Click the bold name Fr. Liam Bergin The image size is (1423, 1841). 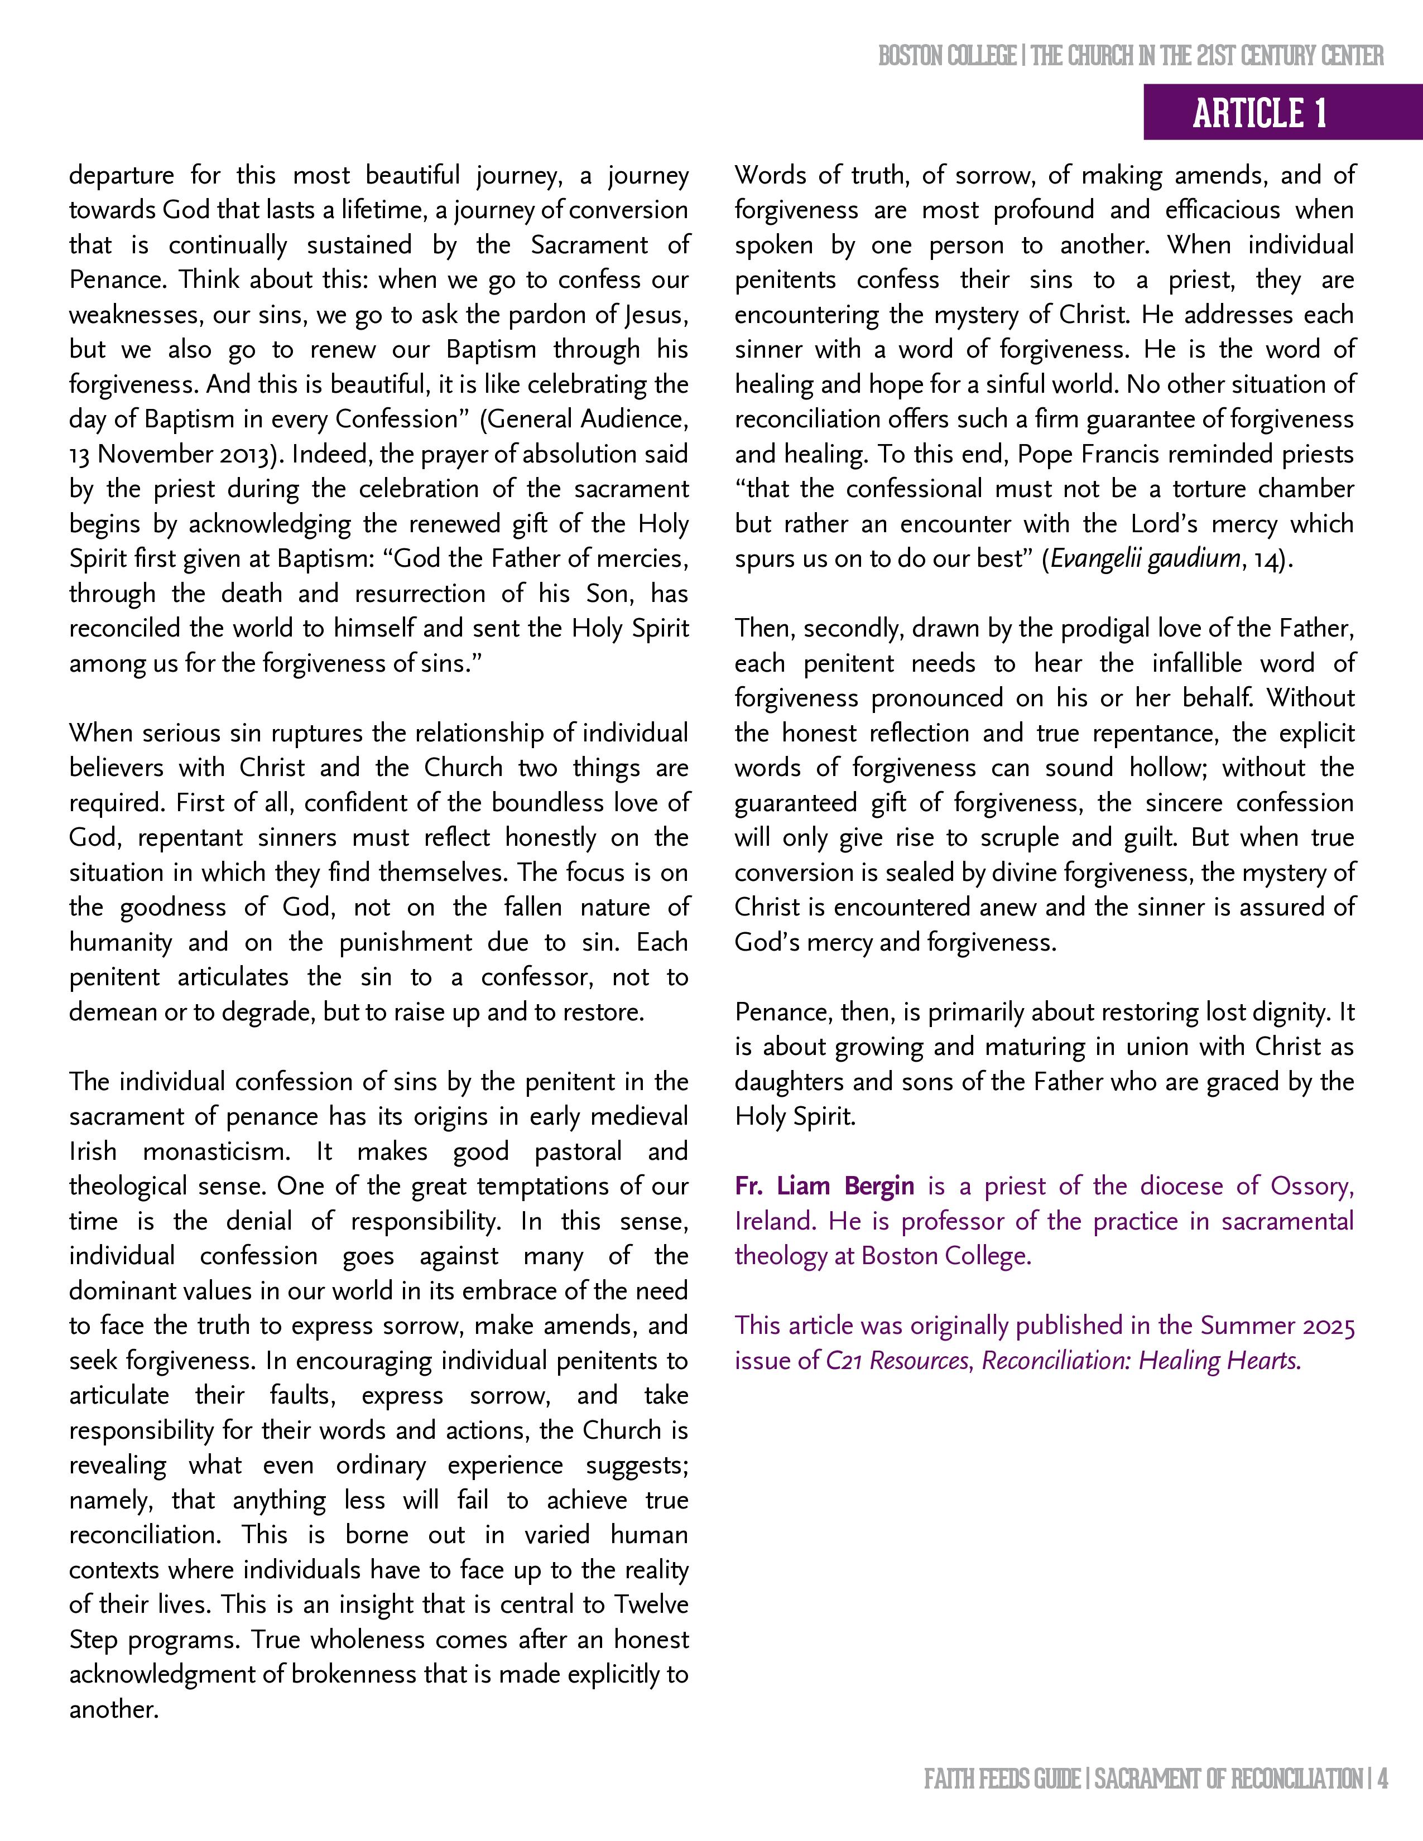824,1186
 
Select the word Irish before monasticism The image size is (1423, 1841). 93,1151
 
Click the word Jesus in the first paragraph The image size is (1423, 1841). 655,315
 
